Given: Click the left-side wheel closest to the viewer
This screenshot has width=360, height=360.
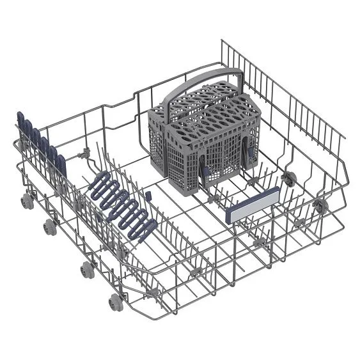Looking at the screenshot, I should [115, 301].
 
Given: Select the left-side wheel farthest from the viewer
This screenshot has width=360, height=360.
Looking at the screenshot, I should [27, 201].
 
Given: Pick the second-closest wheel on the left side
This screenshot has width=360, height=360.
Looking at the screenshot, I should [86, 269].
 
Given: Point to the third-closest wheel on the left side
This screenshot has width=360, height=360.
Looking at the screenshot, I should [50, 226].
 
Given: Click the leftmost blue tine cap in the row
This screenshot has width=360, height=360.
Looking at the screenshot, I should [21, 122].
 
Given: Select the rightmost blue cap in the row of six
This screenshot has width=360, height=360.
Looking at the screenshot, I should [61, 164].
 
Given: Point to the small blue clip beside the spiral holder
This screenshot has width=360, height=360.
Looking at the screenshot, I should [146, 194].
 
